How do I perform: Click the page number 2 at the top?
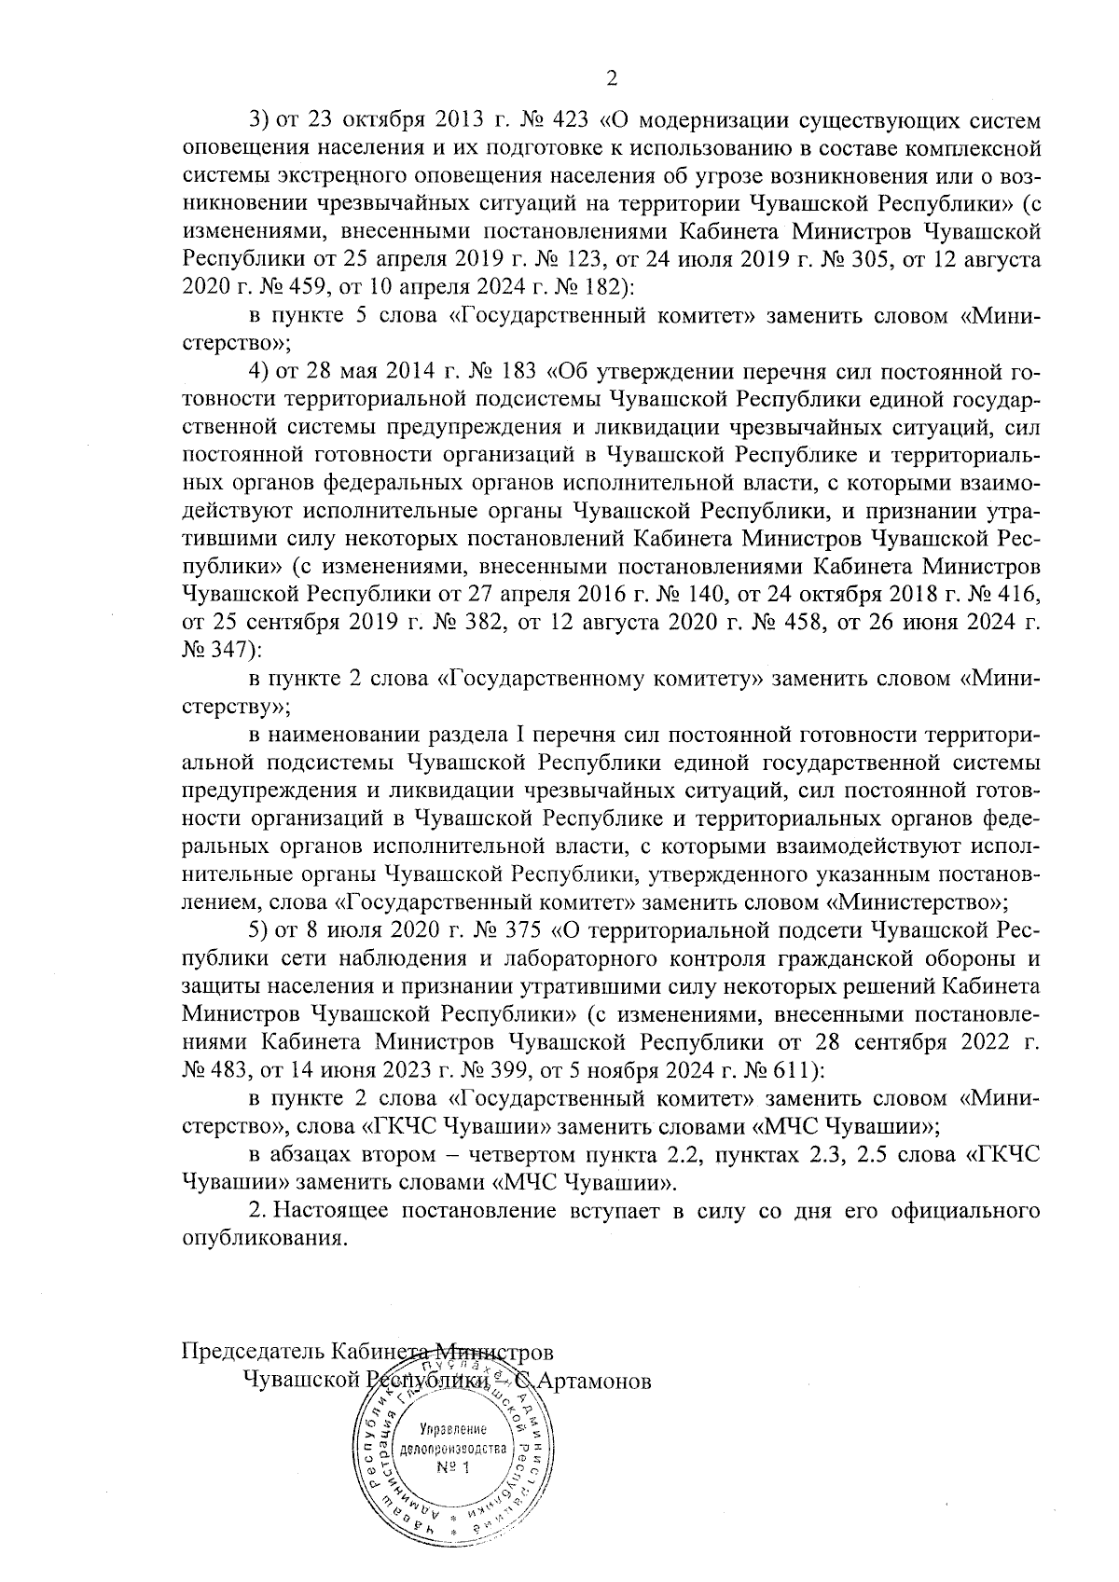point(613,78)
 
